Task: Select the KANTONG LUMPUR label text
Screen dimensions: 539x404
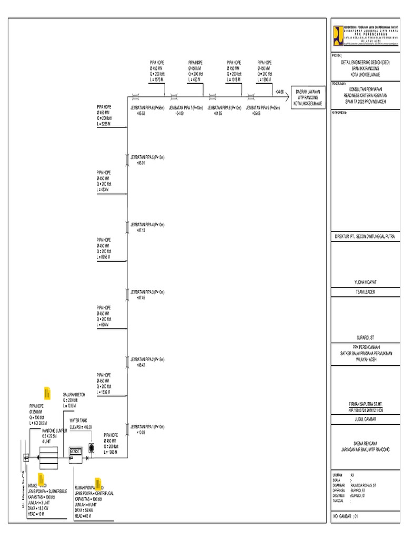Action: point(56,430)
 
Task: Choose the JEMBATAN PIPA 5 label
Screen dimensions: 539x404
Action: point(147,157)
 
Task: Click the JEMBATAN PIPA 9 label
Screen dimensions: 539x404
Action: point(262,107)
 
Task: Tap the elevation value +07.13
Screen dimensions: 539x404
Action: point(140,231)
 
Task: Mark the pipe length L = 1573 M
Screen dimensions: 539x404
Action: point(157,79)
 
